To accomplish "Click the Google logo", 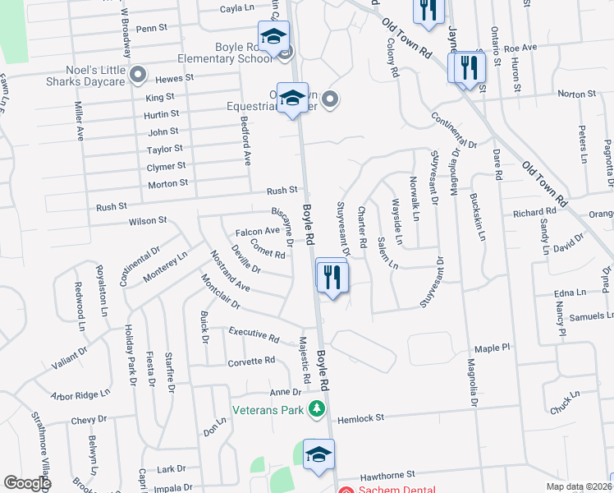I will [x=27, y=483].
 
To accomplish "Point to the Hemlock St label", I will [x=360, y=418].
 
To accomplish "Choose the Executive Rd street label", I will [x=254, y=334].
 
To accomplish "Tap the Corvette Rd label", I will [x=251, y=361].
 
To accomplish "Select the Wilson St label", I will [x=148, y=221].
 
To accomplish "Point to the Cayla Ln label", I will [x=237, y=8].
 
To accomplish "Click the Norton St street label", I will [x=576, y=94].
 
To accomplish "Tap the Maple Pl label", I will [x=493, y=348].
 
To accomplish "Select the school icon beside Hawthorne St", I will [x=318, y=454].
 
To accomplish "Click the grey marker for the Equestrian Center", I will [x=330, y=100].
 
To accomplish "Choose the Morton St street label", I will [x=168, y=183].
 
